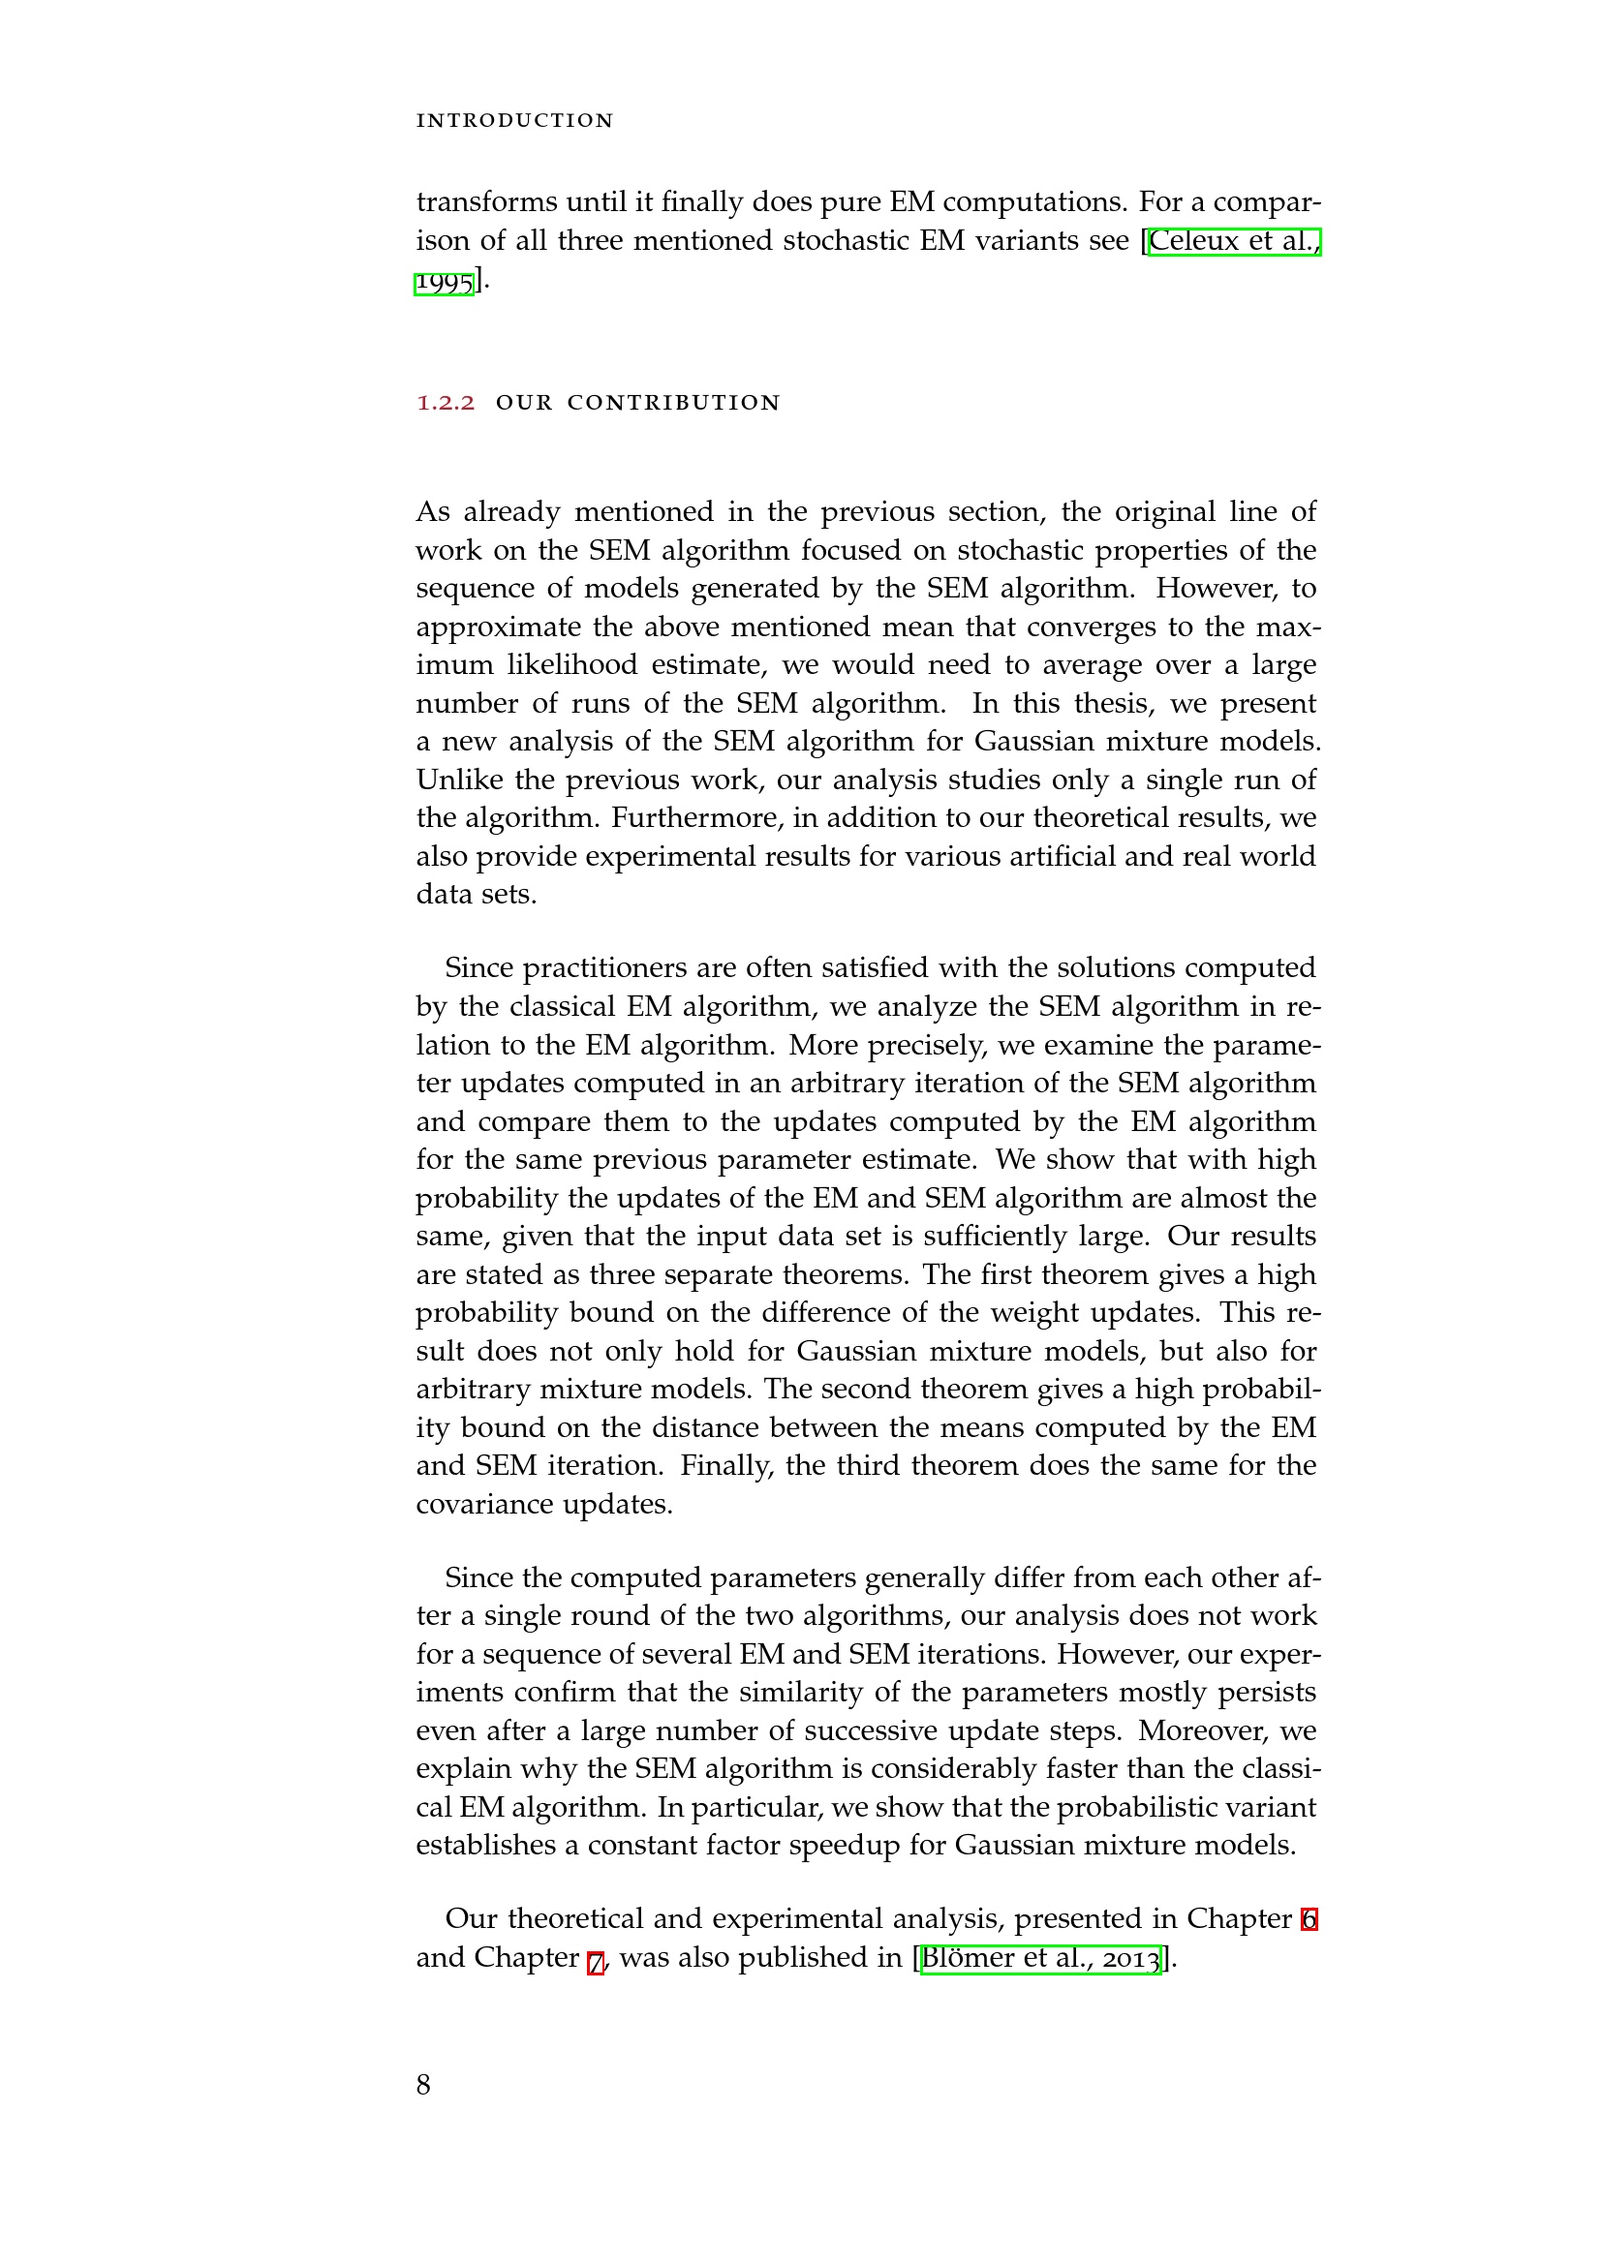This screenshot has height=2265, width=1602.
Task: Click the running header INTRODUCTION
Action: tap(515, 120)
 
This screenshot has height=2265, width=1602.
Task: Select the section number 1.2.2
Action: tap(446, 403)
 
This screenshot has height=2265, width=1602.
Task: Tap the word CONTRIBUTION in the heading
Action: tap(674, 403)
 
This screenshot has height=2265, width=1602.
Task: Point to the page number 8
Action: tap(423, 2085)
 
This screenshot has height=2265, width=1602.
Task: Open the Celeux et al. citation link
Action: tap(1234, 241)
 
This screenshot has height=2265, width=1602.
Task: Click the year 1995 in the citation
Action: tap(445, 282)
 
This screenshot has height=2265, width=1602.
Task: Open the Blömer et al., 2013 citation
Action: tap(1040, 1957)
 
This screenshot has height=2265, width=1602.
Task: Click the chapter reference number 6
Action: tap(1309, 1918)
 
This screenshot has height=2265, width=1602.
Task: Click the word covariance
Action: tap(485, 1505)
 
